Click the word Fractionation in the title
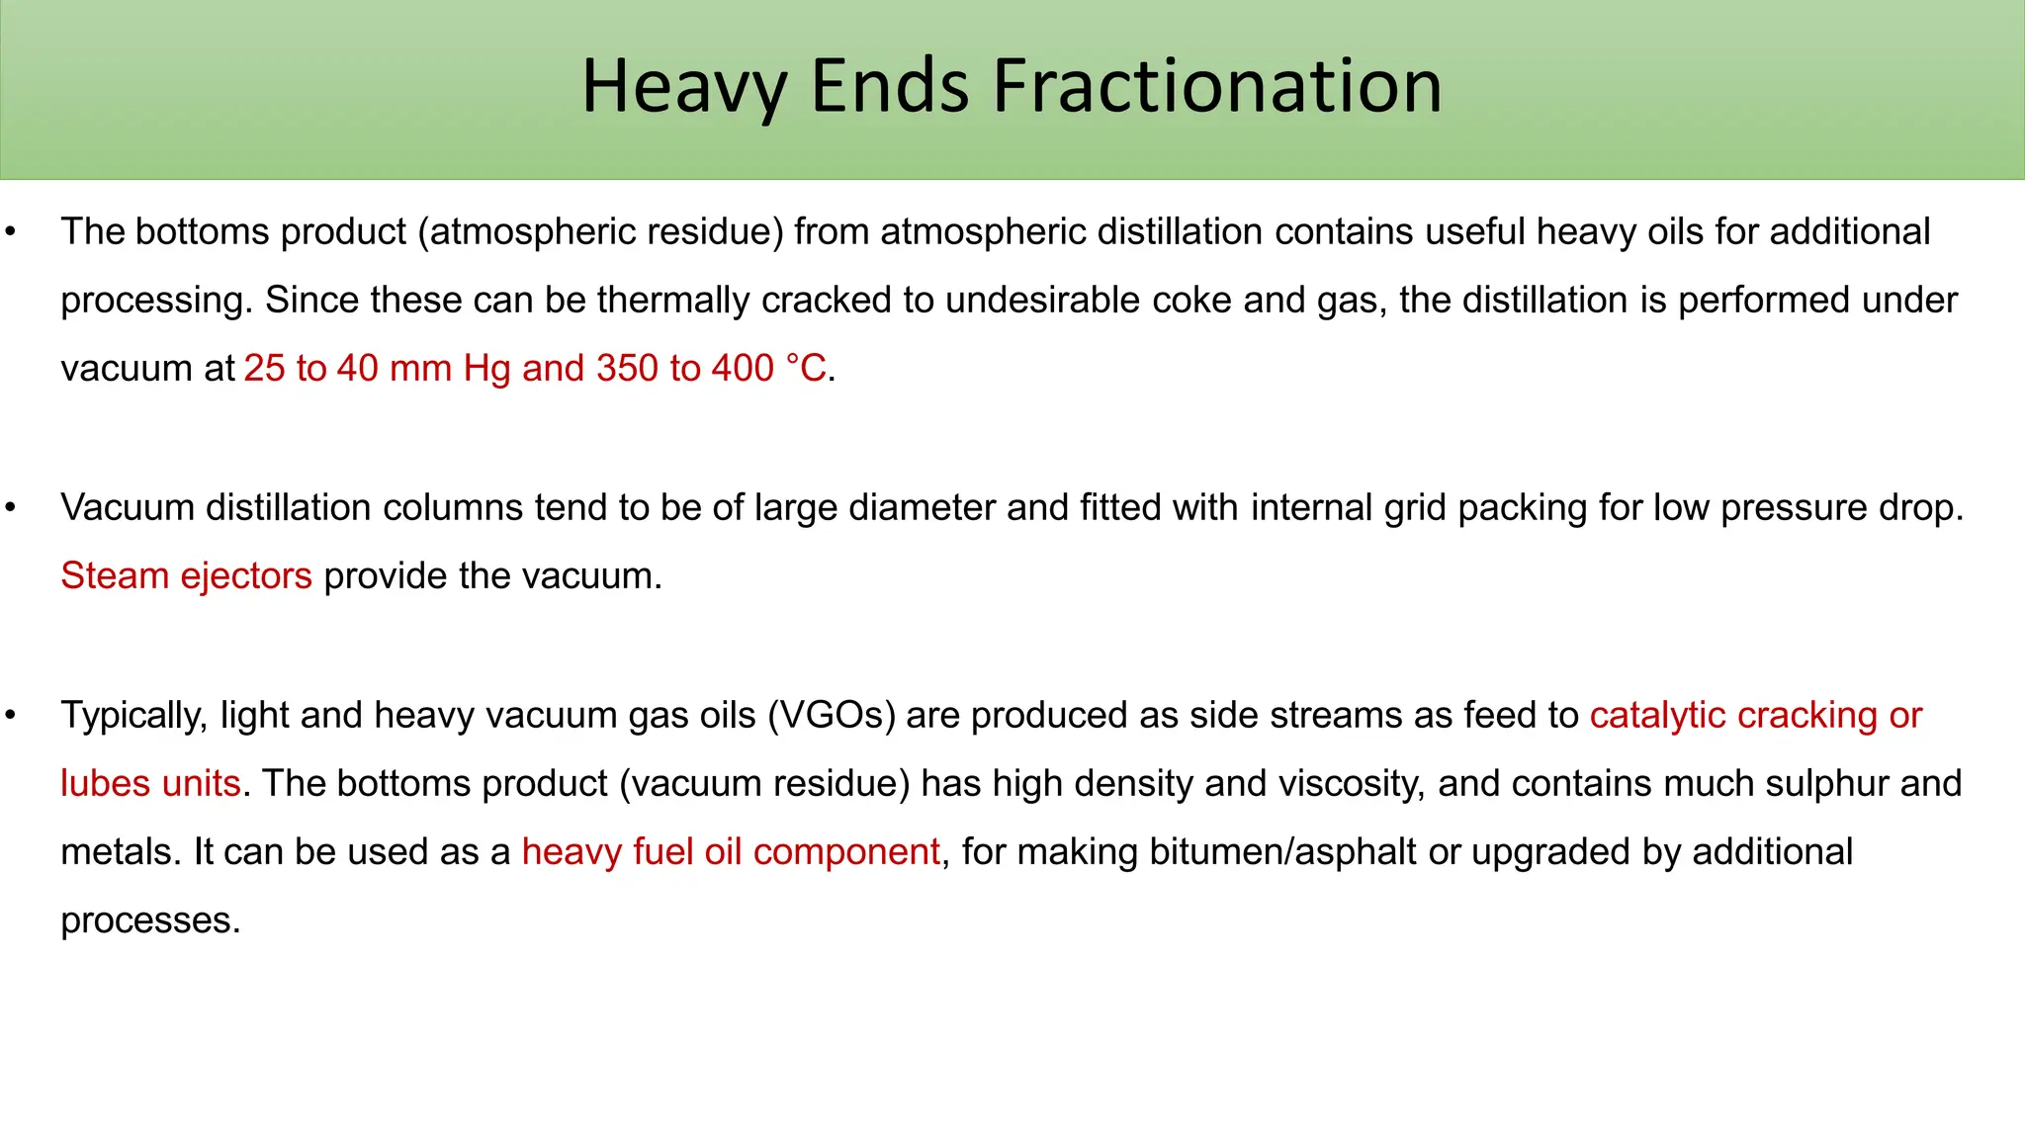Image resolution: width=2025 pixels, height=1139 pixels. (x=1217, y=86)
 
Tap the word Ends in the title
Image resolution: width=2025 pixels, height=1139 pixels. (x=889, y=86)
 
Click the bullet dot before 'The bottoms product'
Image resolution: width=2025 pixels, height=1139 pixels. (x=11, y=232)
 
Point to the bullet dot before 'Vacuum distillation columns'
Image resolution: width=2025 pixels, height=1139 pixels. (x=11, y=508)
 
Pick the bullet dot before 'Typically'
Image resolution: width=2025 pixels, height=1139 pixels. (x=11, y=716)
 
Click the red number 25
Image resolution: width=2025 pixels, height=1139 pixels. (x=264, y=369)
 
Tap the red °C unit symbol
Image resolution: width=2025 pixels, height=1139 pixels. (x=806, y=369)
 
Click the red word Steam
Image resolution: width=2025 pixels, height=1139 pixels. (x=115, y=576)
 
